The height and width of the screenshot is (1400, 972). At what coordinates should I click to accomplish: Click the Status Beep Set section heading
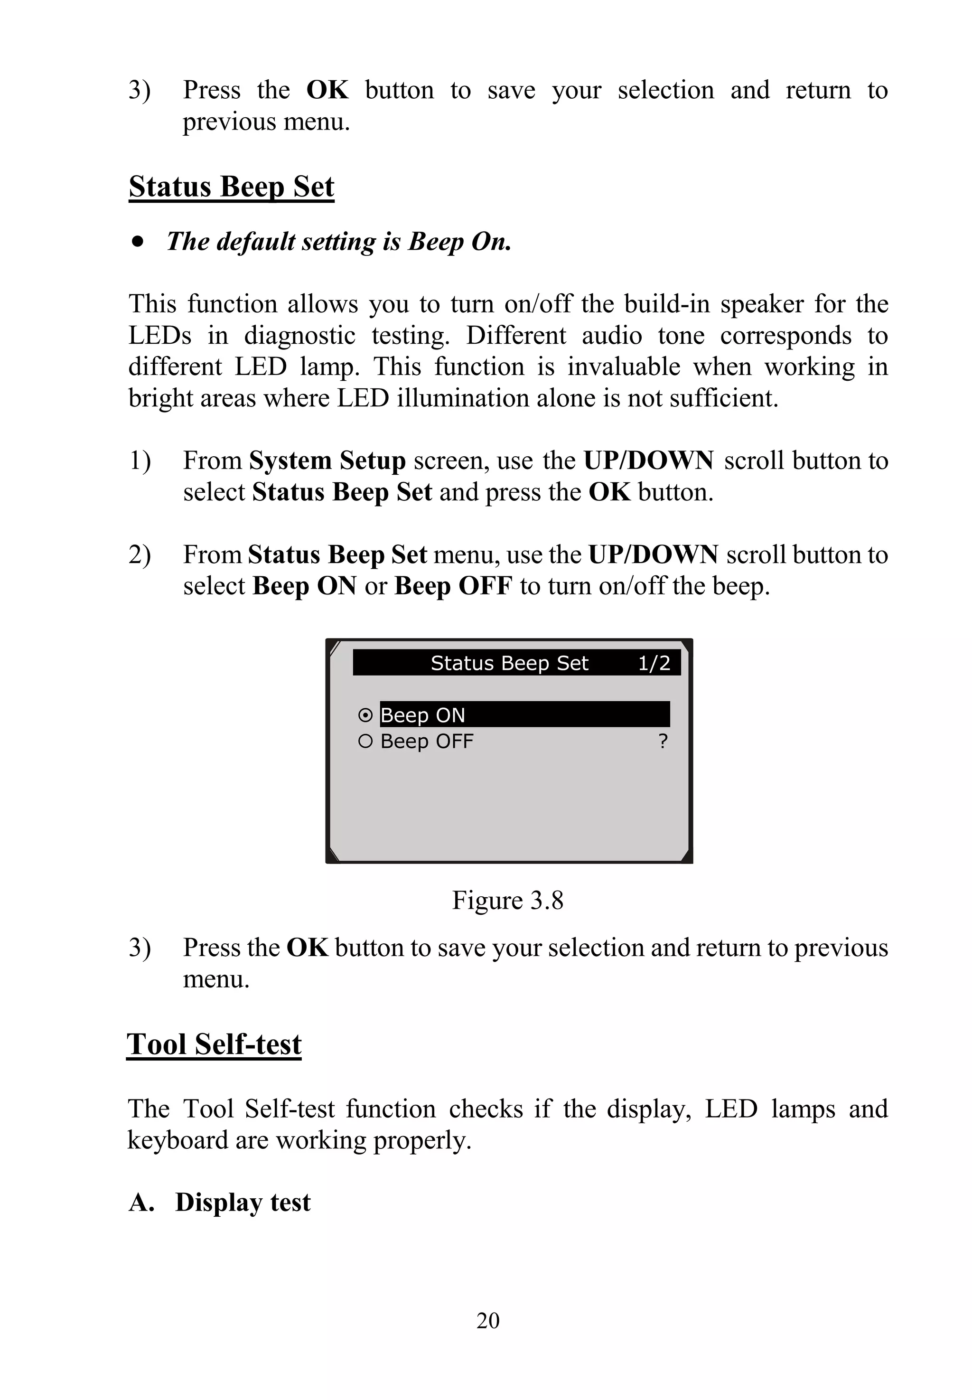[x=232, y=187]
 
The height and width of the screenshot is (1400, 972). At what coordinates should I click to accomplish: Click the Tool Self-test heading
[x=214, y=1044]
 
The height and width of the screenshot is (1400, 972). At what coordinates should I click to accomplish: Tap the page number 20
[x=488, y=1320]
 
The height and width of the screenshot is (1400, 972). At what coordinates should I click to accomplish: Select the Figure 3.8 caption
[x=507, y=901]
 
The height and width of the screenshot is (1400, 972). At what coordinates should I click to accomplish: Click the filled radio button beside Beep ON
[x=365, y=714]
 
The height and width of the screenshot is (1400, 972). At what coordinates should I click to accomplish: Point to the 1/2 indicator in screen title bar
[x=654, y=663]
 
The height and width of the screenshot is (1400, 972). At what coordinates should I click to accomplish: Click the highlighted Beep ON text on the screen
[x=423, y=714]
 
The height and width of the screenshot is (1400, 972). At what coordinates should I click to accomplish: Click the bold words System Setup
[x=327, y=460]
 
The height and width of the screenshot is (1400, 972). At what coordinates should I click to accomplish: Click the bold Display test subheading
[x=243, y=1203]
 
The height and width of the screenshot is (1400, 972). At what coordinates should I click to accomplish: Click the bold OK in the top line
[x=327, y=90]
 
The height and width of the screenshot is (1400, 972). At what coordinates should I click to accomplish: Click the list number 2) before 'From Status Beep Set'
[x=140, y=555]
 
